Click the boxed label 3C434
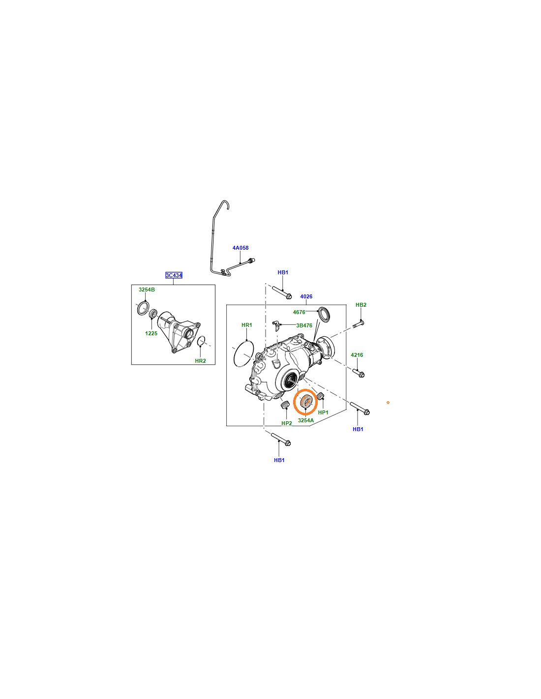pyautogui.click(x=174, y=275)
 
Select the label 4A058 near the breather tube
pyautogui.click(x=240, y=248)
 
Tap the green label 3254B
pyautogui.click(x=147, y=290)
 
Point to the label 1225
pyautogui.click(x=151, y=333)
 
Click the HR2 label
pyautogui.click(x=200, y=361)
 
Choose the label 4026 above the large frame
pyautogui.click(x=306, y=296)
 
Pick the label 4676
pyautogui.click(x=299, y=312)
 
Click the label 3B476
pyautogui.click(x=304, y=325)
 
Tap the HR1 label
pyautogui.click(x=247, y=325)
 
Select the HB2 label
pyautogui.click(x=361, y=305)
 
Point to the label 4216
pyautogui.click(x=357, y=355)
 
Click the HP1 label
pyautogui.click(x=323, y=412)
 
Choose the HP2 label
pyautogui.click(x=287, y=423)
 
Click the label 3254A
pyautogui.click(x=306, y=420)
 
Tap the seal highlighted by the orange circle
pyautogui.click(x=305, y=402)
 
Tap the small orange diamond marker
pyautogui.click(x=388, y=403)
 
